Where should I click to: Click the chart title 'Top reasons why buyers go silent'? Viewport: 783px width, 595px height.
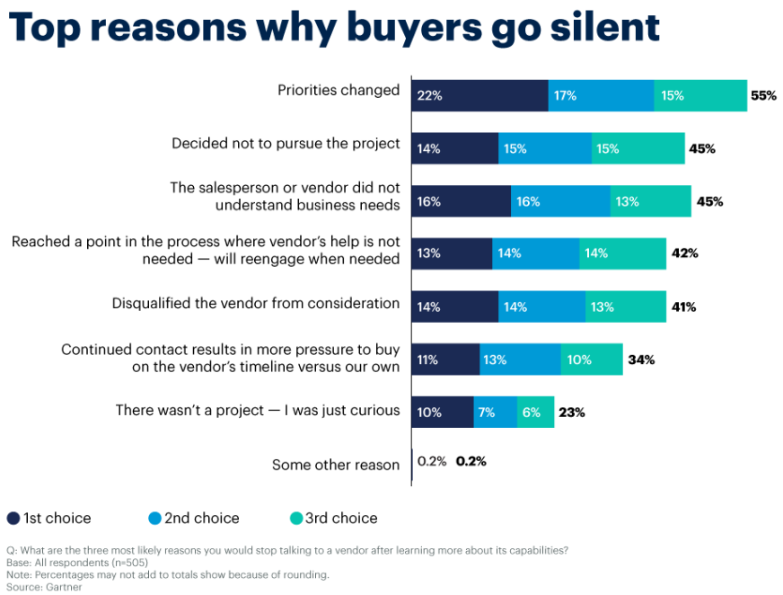(334, 27)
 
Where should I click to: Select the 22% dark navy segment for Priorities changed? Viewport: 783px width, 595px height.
(479, 95)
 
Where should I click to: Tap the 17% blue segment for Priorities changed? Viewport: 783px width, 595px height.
(601, 95)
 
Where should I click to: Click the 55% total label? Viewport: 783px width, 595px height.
(763, 95)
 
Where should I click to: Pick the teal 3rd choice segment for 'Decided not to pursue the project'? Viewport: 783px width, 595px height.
(638, 148)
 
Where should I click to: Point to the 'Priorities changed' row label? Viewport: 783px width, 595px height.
(339, 90)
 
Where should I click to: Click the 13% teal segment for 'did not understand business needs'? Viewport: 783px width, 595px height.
(651, 201)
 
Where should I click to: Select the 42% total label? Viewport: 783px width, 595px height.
(684, 253)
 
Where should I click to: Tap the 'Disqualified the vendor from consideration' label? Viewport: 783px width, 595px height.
(256, 303)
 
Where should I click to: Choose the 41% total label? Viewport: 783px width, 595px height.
(683, 306)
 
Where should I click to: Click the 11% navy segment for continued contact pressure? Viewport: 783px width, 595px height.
(445, 360)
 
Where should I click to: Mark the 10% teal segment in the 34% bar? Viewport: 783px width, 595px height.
(592, 360)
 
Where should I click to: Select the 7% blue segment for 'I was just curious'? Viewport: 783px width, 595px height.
(495, 413)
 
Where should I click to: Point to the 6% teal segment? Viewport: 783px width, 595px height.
(535, 413)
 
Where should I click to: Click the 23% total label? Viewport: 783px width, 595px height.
(571, 413)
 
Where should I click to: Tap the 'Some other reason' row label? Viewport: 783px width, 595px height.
(336, 465)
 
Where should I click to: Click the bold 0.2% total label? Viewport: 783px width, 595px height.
(471, 461)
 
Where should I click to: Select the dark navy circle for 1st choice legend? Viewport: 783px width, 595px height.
(13, 519)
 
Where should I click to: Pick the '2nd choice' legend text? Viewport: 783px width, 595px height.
(202, 519)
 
